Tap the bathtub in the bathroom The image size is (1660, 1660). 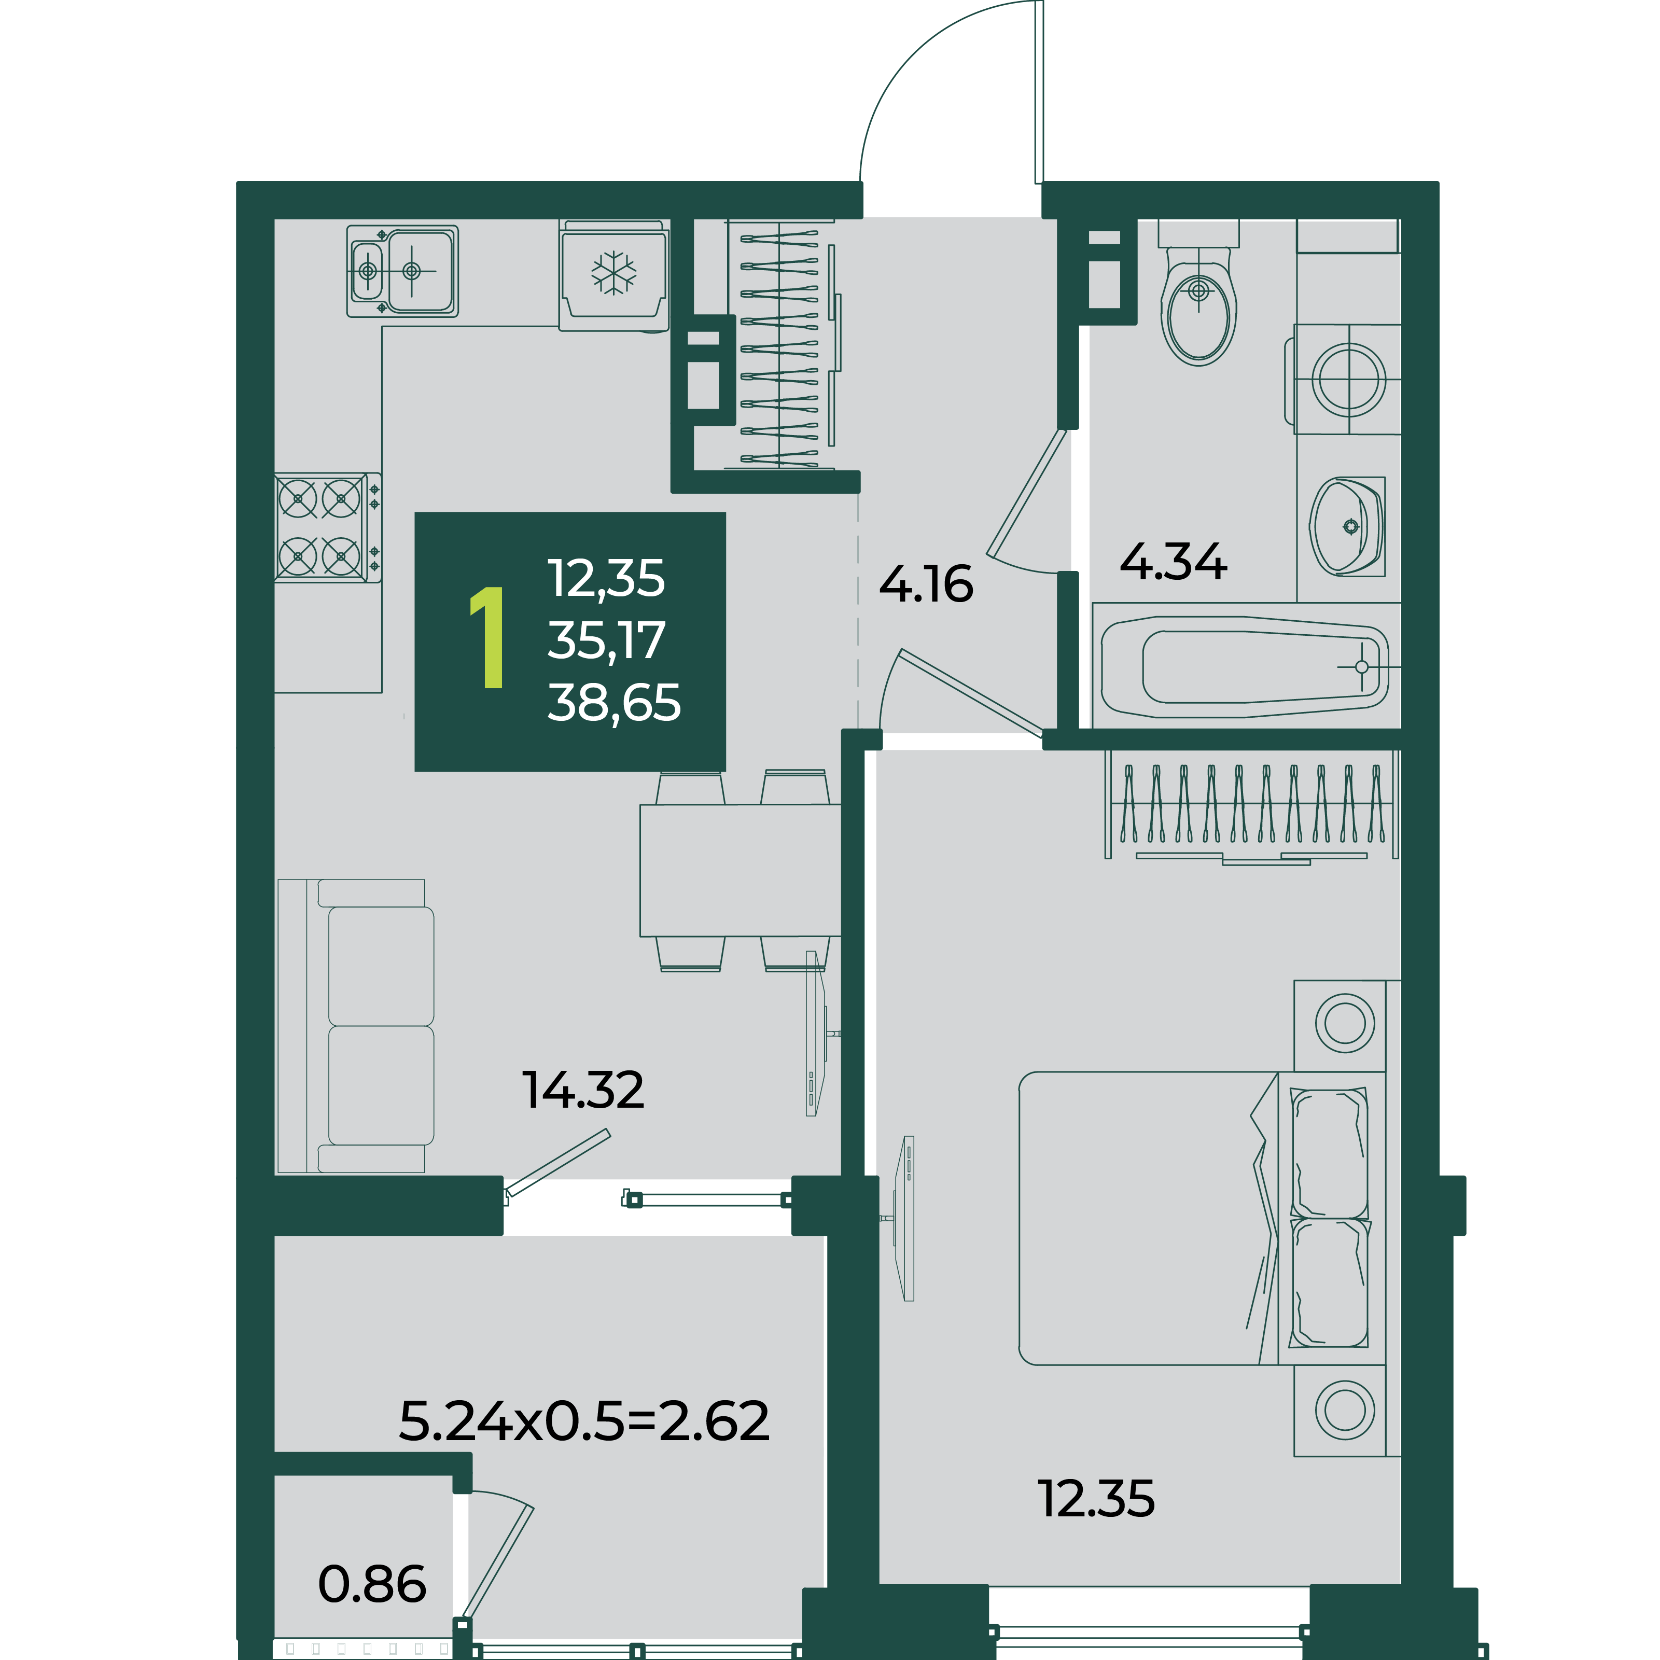(1246, 666)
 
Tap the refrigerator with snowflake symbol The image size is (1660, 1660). (613, 275)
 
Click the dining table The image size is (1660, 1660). (740, 870)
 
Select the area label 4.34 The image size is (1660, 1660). (1174, 562)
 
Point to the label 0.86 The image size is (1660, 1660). (372, 1584)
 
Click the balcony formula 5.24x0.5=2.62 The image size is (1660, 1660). (584, 1420)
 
